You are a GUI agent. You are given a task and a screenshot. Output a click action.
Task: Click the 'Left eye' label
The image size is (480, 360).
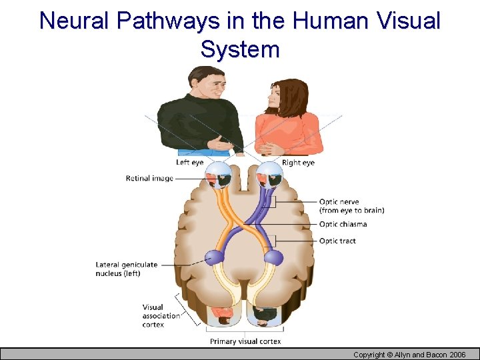pos(189,163)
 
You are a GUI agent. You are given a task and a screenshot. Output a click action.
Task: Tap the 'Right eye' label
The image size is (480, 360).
pos(298,163)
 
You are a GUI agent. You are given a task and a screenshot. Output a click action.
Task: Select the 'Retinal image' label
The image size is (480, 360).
pos(149,178)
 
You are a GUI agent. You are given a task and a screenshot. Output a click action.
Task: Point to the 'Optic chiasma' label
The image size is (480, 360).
pos(343,225)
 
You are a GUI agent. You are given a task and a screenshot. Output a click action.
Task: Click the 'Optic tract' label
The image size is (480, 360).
pos(337,241)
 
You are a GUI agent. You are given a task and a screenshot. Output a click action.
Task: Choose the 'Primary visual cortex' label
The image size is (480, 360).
pos(245,341)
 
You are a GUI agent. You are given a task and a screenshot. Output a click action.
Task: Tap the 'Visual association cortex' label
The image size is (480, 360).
pos(161,316)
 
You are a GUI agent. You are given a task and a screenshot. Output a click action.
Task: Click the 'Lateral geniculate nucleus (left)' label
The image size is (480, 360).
pos(127,269)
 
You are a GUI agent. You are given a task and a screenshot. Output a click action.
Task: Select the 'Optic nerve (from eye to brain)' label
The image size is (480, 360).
pos(351,206)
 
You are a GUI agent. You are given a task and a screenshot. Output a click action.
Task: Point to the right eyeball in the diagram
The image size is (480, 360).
pos(270,175)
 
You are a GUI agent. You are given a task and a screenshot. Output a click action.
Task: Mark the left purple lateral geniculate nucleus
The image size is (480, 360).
pos(215,257)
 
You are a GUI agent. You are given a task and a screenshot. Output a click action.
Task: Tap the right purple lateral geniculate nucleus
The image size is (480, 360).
pos(273,257)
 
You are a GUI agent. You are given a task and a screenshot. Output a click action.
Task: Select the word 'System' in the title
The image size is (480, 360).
pos(240,49)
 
